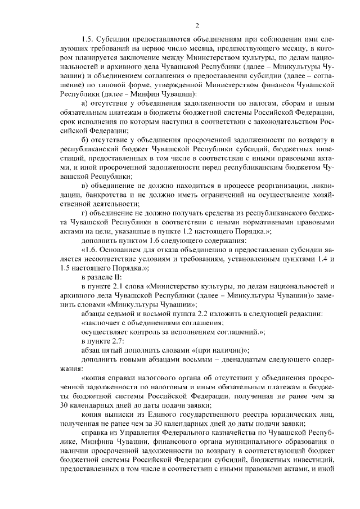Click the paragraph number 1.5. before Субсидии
coord(87,39)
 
